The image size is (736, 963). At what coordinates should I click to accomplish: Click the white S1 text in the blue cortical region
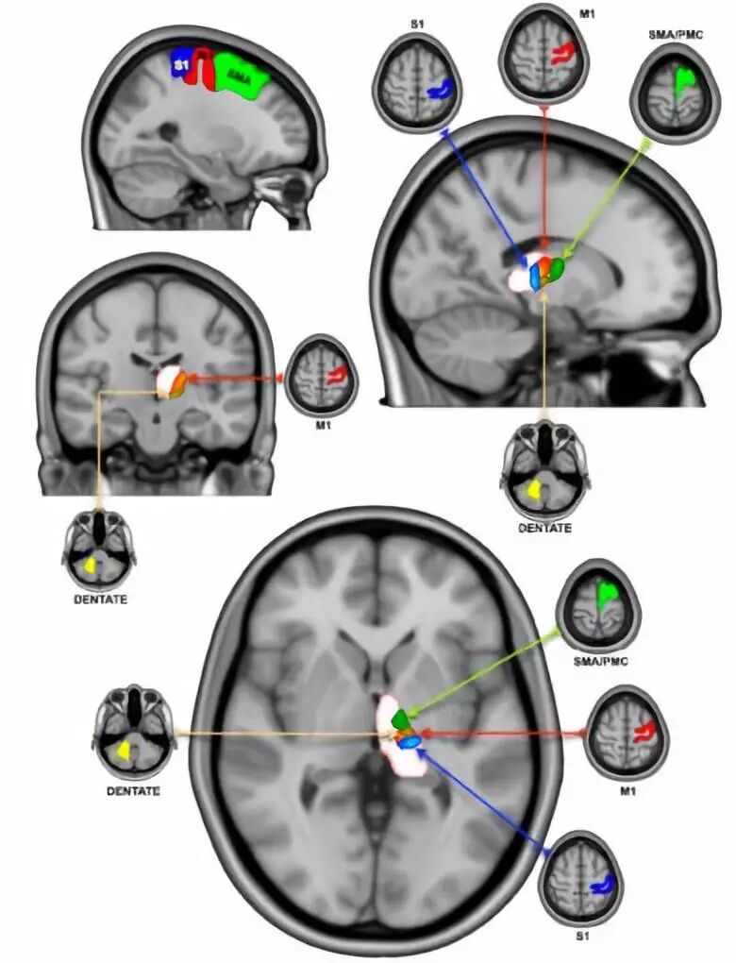179,66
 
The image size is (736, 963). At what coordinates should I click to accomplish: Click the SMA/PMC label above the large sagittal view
671,35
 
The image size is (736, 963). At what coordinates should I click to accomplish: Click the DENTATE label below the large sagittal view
544,528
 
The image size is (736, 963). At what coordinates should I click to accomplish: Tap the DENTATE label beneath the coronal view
99,599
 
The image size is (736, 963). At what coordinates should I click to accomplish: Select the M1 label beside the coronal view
321,423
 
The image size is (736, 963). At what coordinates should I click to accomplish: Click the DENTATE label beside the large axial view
133,790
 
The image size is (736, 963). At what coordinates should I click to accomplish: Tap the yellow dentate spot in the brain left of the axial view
124,751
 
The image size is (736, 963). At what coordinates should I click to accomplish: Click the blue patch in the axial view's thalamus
410,743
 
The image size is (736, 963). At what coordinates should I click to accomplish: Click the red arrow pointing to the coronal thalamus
236,378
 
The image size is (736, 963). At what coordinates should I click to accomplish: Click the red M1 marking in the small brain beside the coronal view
336,377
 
